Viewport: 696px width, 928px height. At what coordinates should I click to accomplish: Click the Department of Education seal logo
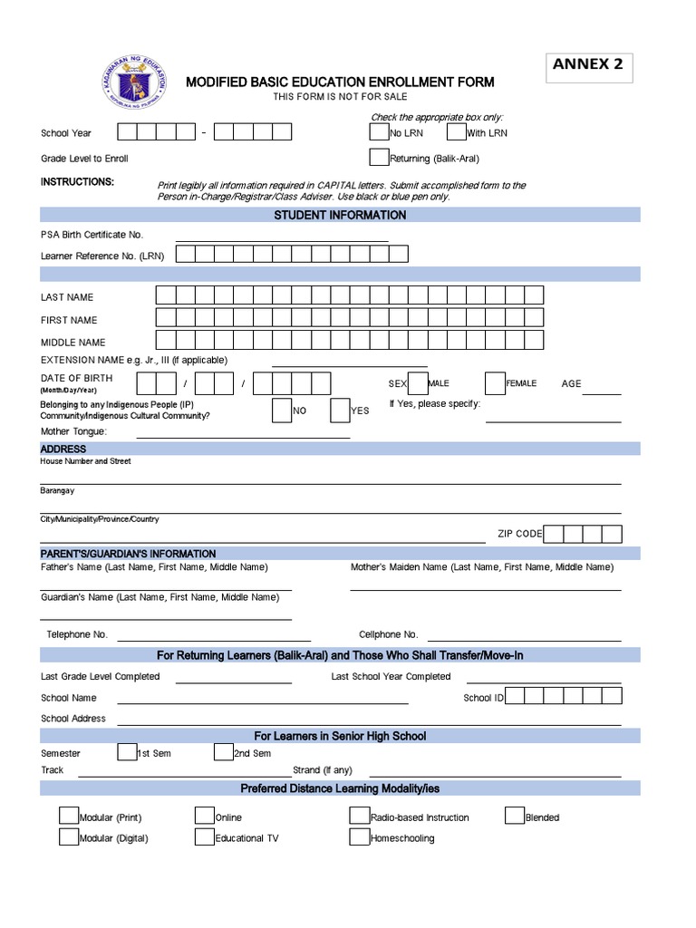coord(133,90)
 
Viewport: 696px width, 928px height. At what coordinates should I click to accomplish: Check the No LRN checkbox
coord(379,132)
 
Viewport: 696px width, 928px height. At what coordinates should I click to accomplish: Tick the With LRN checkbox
coord(456,132)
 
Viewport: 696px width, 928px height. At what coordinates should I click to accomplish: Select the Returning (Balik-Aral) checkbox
coord(379,157)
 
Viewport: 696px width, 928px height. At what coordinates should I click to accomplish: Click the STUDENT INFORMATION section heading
coord(340,215)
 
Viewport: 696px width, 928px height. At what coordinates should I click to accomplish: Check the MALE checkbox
coord(418,383)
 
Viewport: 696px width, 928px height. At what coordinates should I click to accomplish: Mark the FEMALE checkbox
coord(495,383)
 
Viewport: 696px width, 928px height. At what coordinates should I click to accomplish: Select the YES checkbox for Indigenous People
coord(340,410)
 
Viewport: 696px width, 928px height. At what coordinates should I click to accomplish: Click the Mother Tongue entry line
coord(243,435)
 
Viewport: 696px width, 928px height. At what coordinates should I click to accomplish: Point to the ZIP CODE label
coord(519,534)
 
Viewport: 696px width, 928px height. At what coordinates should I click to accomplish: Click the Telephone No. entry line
coord(214,637)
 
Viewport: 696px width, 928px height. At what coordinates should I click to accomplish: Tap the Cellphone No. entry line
coord(524,637)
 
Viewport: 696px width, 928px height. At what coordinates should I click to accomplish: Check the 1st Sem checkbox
coord(127,752)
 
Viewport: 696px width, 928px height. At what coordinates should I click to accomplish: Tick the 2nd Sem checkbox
coord(224,752)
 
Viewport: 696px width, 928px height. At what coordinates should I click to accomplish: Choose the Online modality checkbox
coord(204,816)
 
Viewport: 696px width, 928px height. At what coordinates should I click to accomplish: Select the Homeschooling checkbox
coord(359,836)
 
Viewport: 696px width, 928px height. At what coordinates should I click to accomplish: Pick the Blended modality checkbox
coord(515,816)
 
